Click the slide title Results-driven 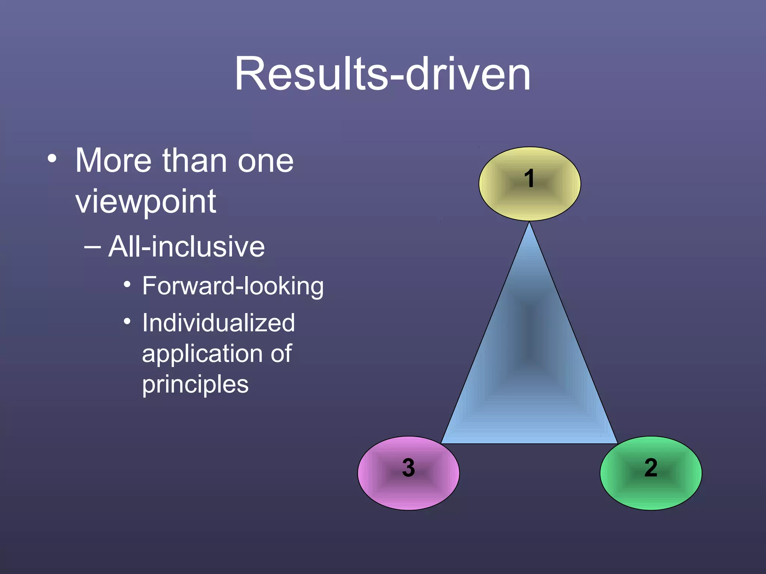tap(382, 74)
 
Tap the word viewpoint tap(145, 202)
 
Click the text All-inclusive tap(186, 247)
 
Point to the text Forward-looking tap(233, 286)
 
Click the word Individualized tap(218, 323)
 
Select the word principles tap(195, 385)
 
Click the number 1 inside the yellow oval tap(529, 178)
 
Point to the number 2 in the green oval tap(651, 467)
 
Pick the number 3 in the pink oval tap(408, 467)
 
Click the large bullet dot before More tap(52, 158)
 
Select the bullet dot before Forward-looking tap(127, 285)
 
